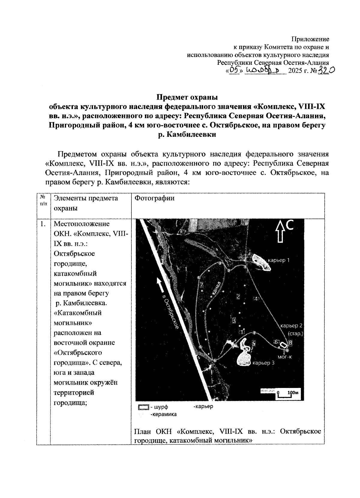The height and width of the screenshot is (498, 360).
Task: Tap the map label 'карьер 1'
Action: pos(279,260)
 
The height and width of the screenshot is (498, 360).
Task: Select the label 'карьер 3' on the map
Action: pos(263,363)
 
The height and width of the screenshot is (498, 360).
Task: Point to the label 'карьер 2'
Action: pos(291,326)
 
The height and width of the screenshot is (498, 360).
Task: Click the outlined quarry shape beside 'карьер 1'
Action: pos(261,262)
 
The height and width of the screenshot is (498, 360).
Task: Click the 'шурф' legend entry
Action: pos(153,407)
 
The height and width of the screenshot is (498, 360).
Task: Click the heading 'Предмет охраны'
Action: pos(187,97)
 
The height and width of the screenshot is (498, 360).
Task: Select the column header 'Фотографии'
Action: pos(154,198)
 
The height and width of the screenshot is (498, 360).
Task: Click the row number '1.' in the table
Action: pos(43,224)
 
